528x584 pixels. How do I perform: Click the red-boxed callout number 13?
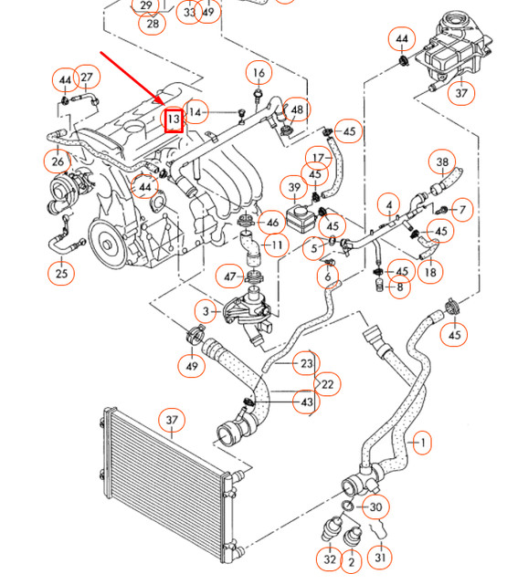(173, 118)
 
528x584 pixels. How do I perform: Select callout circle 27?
(87, 78)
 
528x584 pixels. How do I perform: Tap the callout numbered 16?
(259, 73)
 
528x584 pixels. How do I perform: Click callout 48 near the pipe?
(296, 109)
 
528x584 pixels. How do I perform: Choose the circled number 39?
(294, 188)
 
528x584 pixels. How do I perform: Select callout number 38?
(442, 163)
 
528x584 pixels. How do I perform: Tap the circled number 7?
(462, 211)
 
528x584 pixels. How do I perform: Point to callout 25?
(62, 273)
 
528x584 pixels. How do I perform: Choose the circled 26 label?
(57, 162)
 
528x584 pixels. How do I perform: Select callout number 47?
(229, 276)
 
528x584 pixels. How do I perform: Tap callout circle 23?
(306, 364)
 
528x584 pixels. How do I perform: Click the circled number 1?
(421, 443)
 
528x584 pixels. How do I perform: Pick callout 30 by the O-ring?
(375, 507)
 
